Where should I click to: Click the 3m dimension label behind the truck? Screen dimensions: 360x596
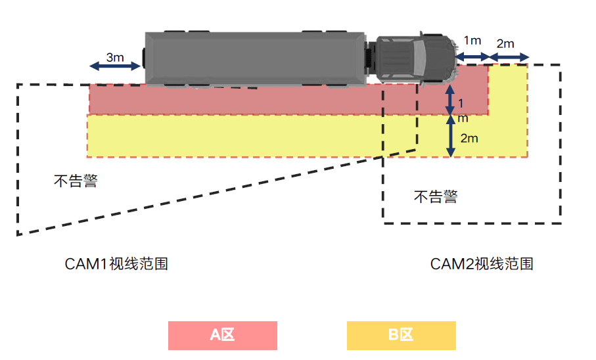115,57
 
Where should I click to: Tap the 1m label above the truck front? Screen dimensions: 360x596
472,41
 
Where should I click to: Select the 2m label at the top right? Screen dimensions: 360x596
505,44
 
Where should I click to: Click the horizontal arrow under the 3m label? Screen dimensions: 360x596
115,66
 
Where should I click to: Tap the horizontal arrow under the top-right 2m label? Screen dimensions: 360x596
509,58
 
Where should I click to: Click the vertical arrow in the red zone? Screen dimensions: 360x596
450,99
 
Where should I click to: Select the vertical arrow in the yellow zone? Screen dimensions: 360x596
450,137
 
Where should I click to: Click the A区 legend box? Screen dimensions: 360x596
222,335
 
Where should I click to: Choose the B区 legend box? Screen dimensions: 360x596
401,335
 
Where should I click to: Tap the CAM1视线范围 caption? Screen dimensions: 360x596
116,264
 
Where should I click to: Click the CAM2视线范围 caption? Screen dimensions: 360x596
481,264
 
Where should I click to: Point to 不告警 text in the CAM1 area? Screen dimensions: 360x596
76,181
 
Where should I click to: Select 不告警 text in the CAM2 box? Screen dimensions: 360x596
435,196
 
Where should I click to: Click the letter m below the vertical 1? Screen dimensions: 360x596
463,118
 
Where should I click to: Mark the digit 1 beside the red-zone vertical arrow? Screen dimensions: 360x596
461,104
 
